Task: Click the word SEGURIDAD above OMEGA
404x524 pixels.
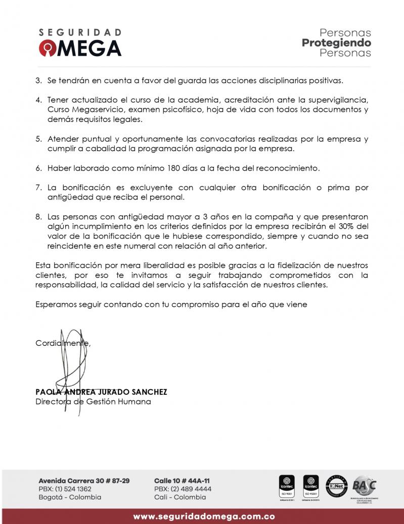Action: (80, 32)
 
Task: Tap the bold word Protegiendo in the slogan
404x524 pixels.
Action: (336, 43)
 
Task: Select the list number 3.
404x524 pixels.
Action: (38, 80)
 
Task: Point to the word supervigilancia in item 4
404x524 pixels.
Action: (339, 100)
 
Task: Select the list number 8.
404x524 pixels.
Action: (38, 216)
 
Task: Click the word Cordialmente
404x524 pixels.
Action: (63, 343)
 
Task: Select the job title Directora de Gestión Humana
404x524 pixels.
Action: (93, 402)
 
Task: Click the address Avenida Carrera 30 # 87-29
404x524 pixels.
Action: (84, 480)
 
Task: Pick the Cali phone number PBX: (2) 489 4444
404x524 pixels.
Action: (183, 489)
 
